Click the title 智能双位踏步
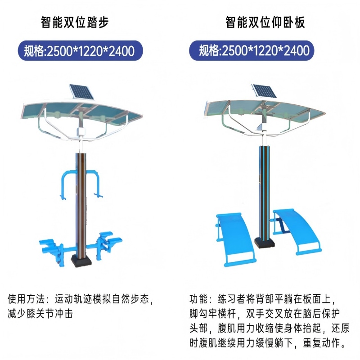(x=75, y=22)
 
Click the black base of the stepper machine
(x=83, y=261)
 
